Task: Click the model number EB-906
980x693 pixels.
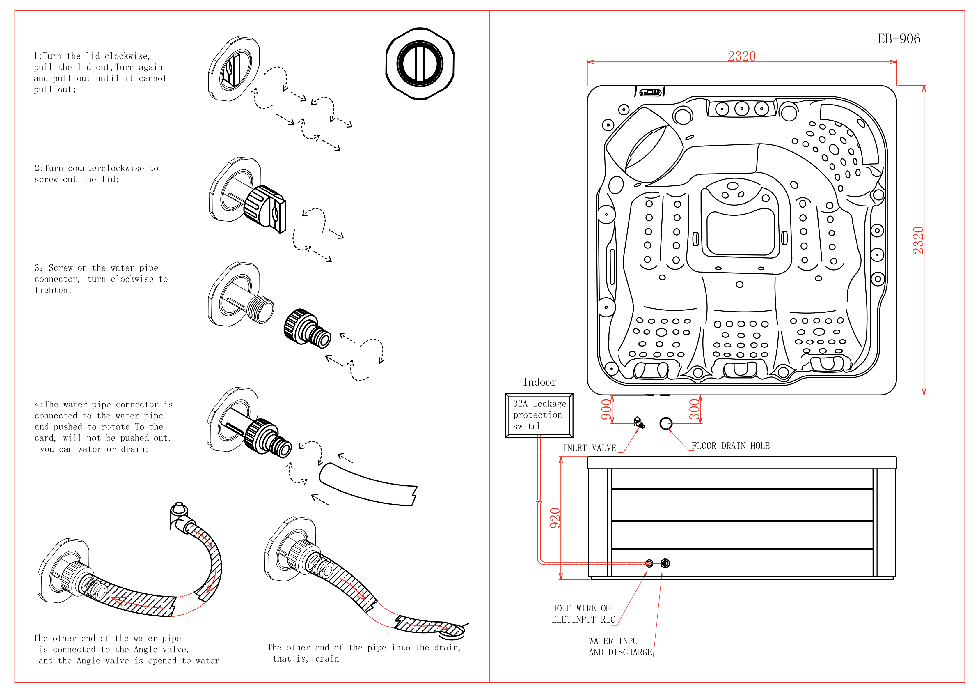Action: pyautogui.click(x=899, y=39)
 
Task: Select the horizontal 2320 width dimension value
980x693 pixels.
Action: pyautogui.click(x=741, y=56)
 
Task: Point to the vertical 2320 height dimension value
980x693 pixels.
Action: pyautogui.click(x=918, y=240)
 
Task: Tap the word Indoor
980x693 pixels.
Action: pyautogui.click(x=539, y=382)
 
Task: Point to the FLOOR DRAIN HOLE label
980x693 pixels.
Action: pyautogui.click(x=730, y=446)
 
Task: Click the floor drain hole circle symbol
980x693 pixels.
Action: pyautogui.click(x=666, y=423)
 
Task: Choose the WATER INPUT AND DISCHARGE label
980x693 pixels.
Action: pyautogui.click(x=620, y=646)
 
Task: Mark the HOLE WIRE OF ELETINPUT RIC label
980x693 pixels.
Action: pyautogui.click(x=583, y=614)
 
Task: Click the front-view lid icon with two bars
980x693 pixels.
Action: pyautogui.click(x=420, y=64)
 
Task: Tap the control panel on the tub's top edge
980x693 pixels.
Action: pyautogui.click(x=650, y=92)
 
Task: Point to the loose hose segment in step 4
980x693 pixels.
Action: pyautogui.click(x=367, y=485)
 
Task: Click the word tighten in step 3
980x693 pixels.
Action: pyautogui.click(x=52, y=290)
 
